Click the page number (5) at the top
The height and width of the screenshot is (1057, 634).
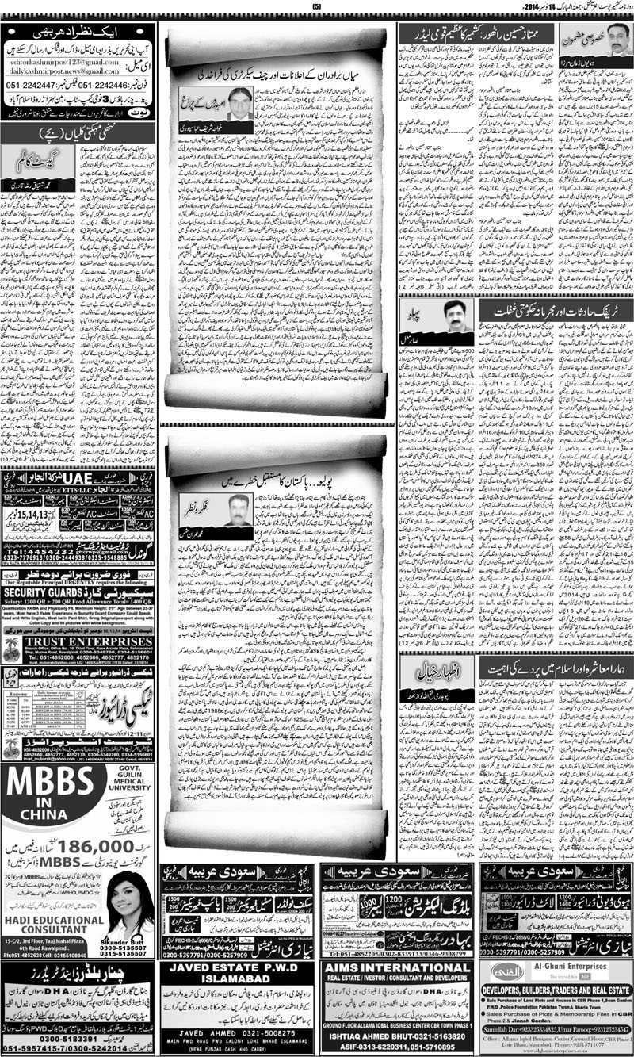click(317, 7)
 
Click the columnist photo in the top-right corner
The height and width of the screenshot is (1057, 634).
click(616, 40)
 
